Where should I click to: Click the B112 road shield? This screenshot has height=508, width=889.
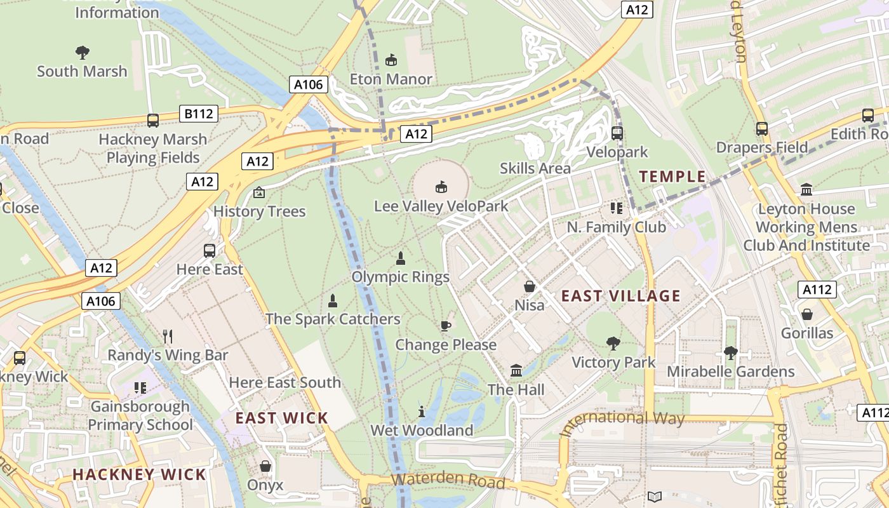click(x=198, y=114)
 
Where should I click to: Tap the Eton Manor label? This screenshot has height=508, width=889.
click(x=391, y=79)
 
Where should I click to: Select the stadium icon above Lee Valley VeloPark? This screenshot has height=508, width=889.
click(x=441, y=187)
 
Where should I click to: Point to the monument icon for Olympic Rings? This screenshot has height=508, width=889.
click(x=401, y=258)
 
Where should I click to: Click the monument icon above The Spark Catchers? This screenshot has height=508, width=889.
click(x=333, y=301)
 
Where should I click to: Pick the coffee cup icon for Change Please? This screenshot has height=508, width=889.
click(x=446, y=326)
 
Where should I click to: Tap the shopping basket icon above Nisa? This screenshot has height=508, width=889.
click(x=529, y=287)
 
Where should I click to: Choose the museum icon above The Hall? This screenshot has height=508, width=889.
click(x=516, y=370)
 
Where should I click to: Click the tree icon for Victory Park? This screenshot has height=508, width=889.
click(x=613, y=344)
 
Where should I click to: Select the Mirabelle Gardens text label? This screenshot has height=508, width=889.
click(x=730, y=371)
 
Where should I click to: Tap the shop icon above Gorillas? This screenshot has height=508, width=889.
click(x=806, y=314)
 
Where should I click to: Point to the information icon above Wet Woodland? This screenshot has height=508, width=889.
click(x=422, y=411)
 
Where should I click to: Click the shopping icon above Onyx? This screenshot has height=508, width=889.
click(x=265, y=467)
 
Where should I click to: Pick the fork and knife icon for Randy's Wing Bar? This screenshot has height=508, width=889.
click(x=168, y=336)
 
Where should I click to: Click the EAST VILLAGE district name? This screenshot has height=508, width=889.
click(x=620, y=296)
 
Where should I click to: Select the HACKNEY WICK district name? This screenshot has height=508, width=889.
click(x=139, y=474)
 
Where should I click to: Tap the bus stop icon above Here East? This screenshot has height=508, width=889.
click(x=210, y=251)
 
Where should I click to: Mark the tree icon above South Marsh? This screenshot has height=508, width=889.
click(x=82, y=52)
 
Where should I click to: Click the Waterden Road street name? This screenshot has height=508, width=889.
click(x=448, y=481)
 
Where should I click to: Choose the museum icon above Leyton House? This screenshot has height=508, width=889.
click(x=806, y=189)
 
